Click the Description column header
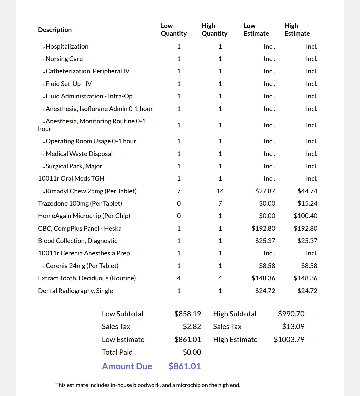point(55,30)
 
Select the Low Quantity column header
point(174,30)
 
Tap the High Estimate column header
point(297,30)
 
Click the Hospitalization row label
point(67,46)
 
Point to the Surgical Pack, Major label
point(74,166)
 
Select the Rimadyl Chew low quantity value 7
point(179,191)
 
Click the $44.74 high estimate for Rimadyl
point(307,191)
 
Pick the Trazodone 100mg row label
point(80,203)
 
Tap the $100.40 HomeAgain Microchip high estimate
point(305,216)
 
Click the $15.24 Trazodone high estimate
point(307,203)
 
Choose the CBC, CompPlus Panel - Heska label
point(80,228)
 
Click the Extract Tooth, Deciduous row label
point(87,278)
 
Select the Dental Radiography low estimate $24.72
point(265,291)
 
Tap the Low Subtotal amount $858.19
point(188,314)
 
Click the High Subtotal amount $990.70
point(291,314)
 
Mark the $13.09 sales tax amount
point(293,326)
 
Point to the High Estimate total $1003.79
point(289,339)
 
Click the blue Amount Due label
point(127,366)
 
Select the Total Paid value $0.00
point(192,352)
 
